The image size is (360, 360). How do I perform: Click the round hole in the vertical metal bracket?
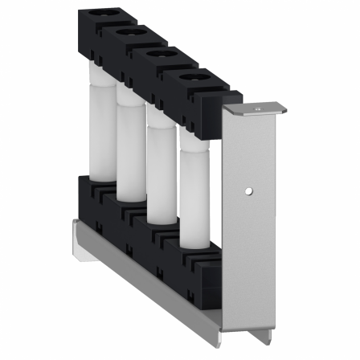250,191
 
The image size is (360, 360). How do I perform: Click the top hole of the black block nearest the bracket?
193,79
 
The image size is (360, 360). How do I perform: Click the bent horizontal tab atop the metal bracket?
256,108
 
